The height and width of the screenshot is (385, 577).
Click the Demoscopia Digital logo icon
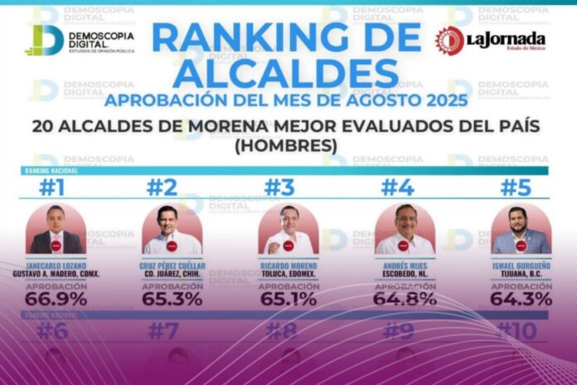tap(44, 40)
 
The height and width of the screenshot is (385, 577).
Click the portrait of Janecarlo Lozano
tap(56, 229)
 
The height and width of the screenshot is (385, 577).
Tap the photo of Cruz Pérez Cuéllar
tap(172, 229)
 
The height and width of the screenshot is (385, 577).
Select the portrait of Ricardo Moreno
tap(288, 229)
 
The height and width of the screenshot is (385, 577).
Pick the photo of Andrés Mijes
tap(405, 229)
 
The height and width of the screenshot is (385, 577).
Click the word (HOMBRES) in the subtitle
tap(288, 144)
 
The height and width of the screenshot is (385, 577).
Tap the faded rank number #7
tap(162, 331)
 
